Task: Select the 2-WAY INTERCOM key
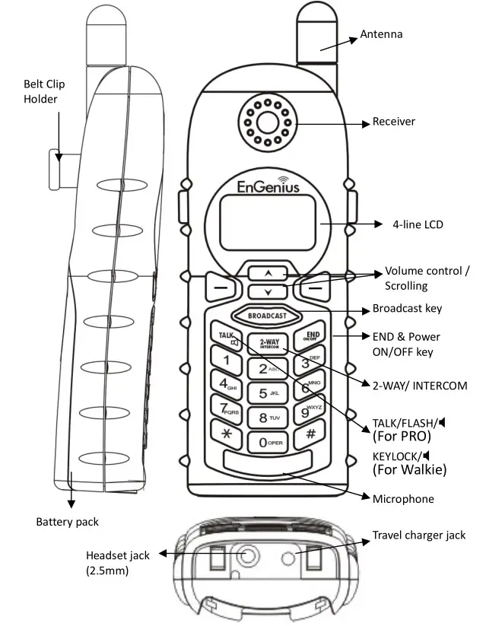tap(268, 343)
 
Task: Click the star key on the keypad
tap(225, 434)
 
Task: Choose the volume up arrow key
tap(266, 272)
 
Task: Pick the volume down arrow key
tap(266, 291)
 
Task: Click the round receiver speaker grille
tap(268, 122)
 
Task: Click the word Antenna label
tap(381, 34)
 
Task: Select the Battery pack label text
tap(67, 522)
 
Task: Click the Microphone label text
tap(403, 499)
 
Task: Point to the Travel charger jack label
tap(418, 535)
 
